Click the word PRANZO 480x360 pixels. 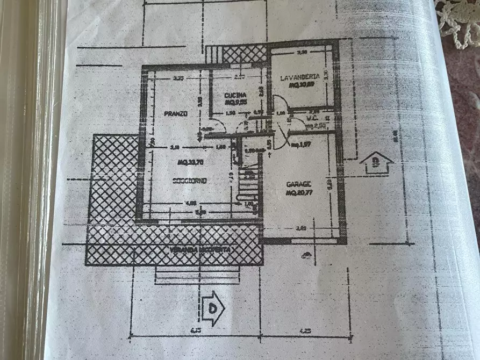(176, 114)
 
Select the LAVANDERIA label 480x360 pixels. (300, 77)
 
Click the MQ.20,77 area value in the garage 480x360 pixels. (299, 192)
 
